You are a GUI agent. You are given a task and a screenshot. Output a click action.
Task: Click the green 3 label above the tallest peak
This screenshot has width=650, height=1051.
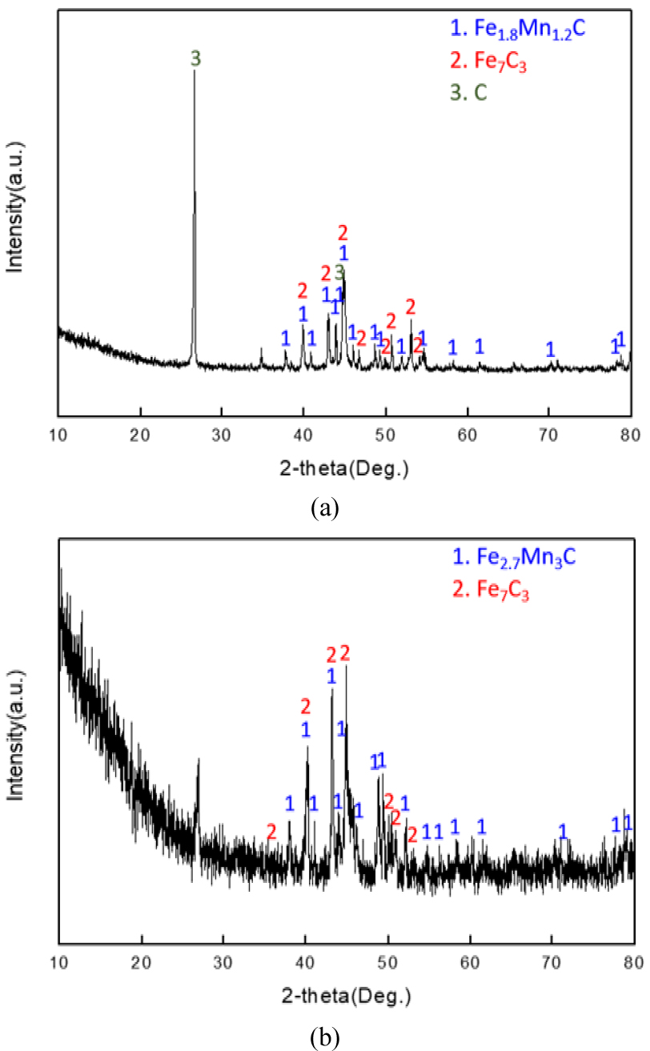click(195, 58)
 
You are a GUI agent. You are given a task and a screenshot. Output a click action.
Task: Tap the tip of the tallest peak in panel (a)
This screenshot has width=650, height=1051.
click(195, 70)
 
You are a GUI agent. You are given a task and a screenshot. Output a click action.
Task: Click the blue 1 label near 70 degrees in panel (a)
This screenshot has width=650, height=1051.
click(550, 349)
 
